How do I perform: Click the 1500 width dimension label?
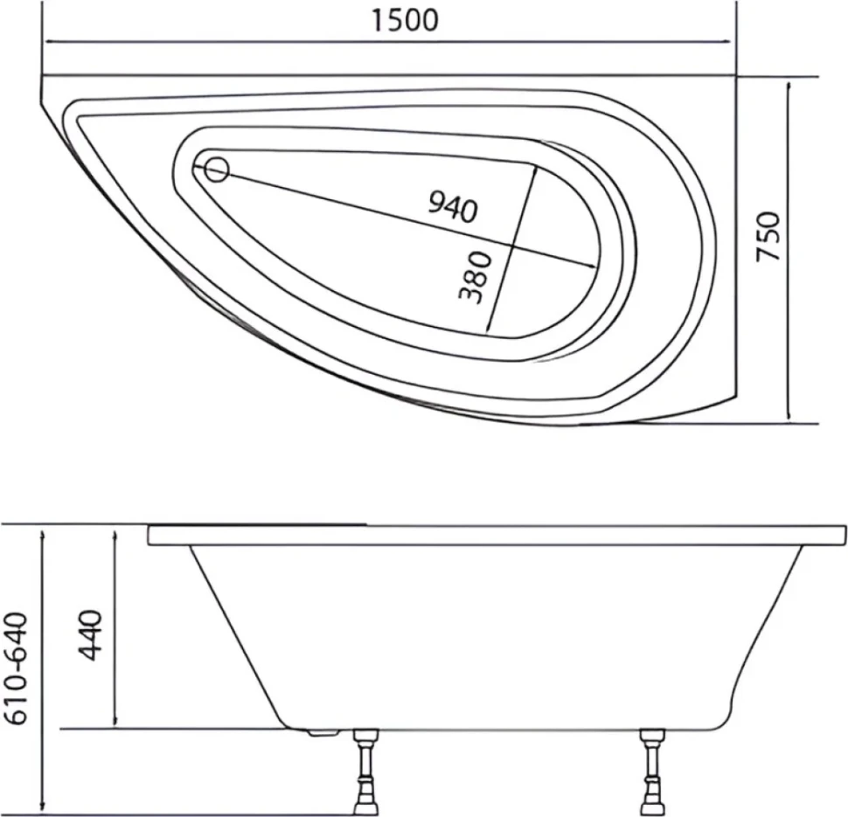pyautogui.click(x=405, y=20)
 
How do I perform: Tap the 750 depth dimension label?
pyautogui.click(x=768, y=236)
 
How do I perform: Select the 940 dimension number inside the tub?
pyautogui.click(x=453, y=207)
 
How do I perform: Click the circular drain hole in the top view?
pyautogui.click(x=217, y=170)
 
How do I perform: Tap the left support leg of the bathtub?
pyautogui.click(x=365, y=772)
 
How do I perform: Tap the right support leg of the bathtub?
pyautogui.click(x=651, y=772)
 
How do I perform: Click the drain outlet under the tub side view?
pyautogui.click(x=323, y=732)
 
